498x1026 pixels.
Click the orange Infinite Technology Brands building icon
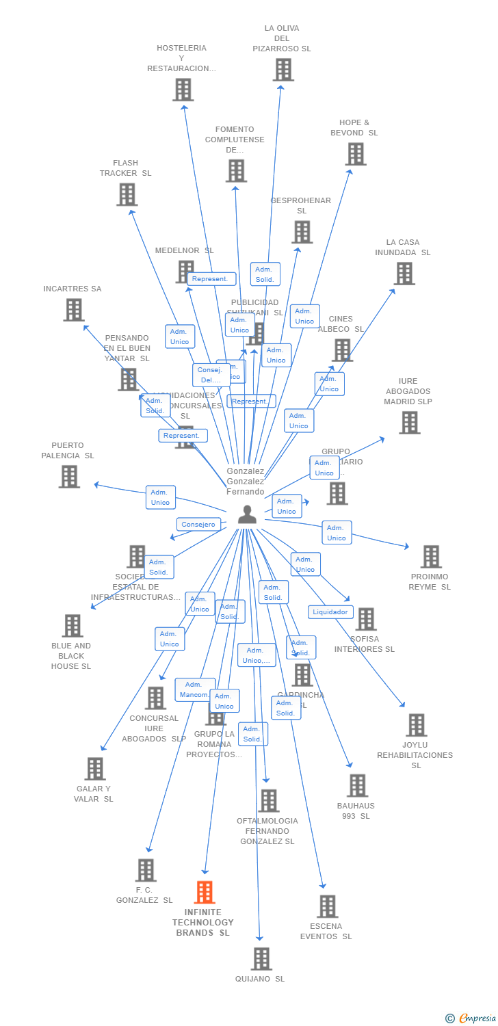(205, 892)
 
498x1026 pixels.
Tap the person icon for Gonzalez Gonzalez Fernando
(247, 514)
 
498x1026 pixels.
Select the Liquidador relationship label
(330, 612)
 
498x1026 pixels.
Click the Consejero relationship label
(198, 525)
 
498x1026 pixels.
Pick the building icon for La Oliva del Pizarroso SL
(283, 70)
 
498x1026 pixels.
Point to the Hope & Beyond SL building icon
(356, 154)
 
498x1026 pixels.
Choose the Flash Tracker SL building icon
(127, 194)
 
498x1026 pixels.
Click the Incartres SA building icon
(74, 310)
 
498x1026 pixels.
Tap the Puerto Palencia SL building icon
(69, 477)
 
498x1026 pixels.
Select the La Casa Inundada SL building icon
(404, 274)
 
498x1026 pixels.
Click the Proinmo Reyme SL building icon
(431, 557)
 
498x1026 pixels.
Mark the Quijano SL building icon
(261, 959)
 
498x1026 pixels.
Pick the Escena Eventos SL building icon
(328, 906)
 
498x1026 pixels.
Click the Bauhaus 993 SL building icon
(357, 786)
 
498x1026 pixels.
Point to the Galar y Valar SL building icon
(95, 769)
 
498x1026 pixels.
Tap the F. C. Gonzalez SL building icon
(146, 870)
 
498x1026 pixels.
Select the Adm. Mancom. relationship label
(195, 689)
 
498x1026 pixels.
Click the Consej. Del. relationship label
(211, 375)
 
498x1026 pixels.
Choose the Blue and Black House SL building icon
(73, 626)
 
